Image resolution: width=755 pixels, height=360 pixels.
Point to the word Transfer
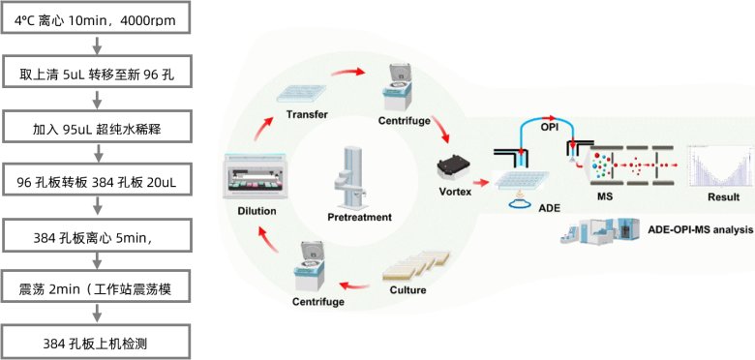[x=307, y=114]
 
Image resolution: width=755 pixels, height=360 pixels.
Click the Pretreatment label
[x=359, y=217]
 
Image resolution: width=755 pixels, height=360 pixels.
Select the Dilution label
[x=257, y=211]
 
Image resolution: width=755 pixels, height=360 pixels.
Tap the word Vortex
[x=455, y=192]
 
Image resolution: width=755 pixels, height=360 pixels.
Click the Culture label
[x=408, y=290]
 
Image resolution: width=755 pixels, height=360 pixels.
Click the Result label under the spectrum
[x=723, y=196]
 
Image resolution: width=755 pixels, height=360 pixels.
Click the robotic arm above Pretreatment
[x=348, y=178]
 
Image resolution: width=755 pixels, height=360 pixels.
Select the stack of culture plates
[x=416, y=266]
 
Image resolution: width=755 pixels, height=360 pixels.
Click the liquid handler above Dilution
[x=255, y=178]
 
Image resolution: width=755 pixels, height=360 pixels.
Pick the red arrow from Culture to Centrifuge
[x=355, y=287]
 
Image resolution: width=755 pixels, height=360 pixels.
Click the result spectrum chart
[x=721, y=165]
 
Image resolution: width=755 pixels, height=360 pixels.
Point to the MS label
[x=604, y=196]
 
